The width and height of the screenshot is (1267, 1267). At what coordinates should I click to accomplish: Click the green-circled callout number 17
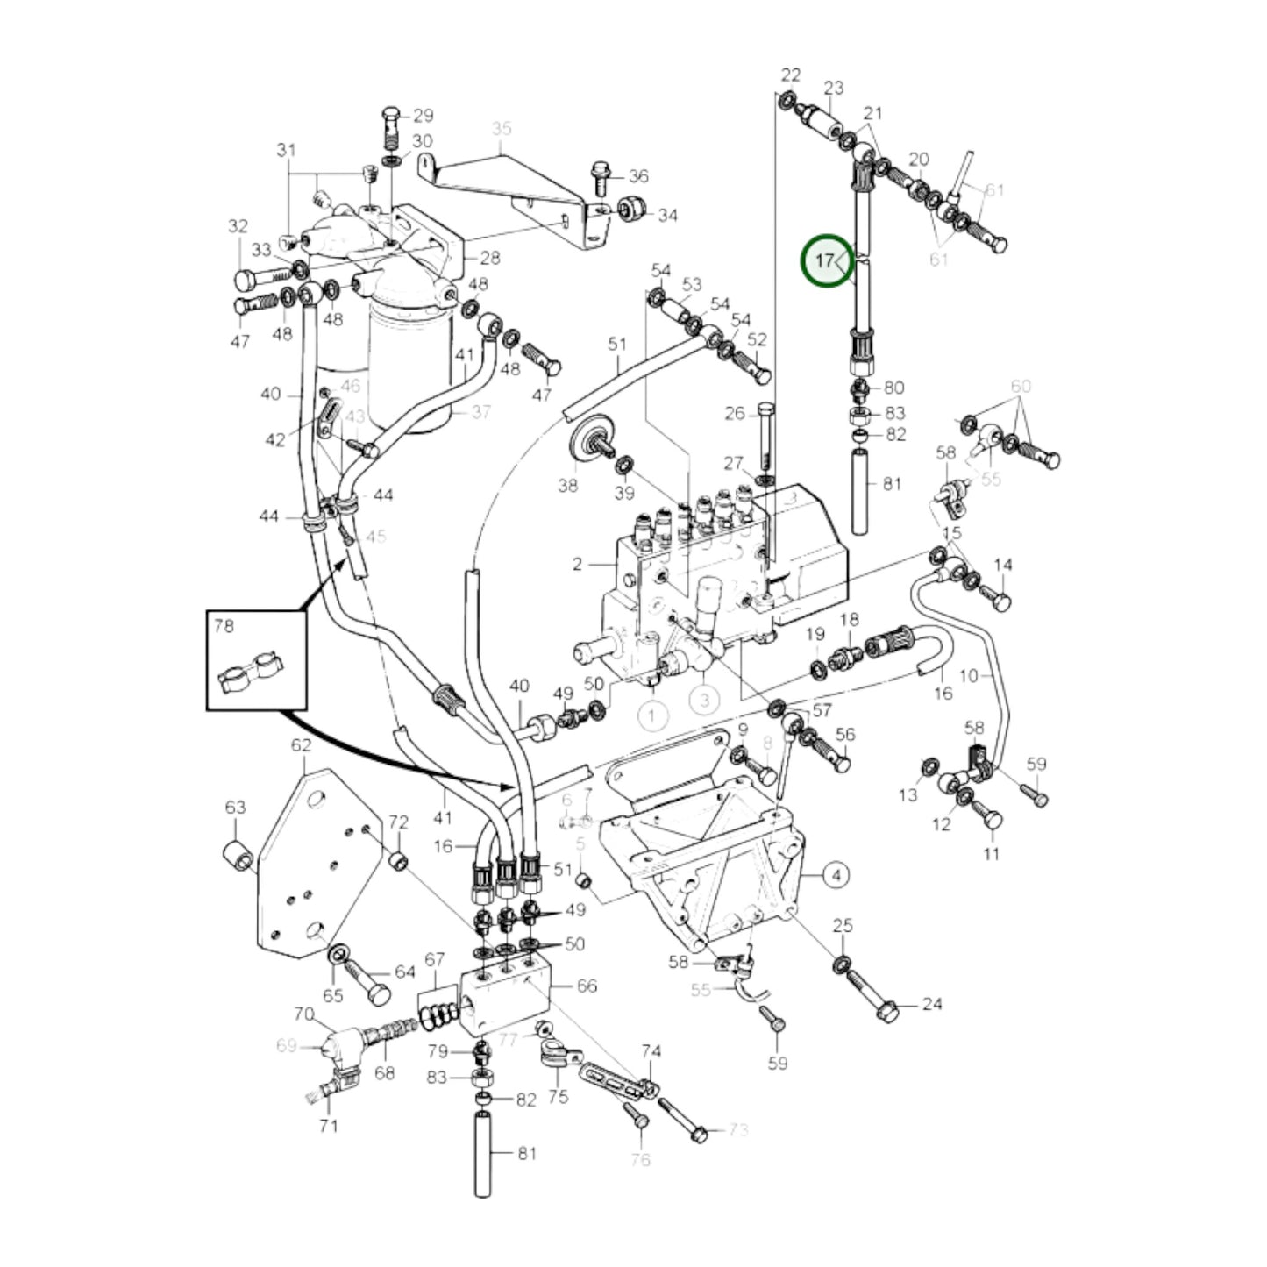(x=826, y=260)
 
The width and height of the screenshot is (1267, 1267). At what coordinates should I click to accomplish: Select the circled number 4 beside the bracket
(x=836, y=874)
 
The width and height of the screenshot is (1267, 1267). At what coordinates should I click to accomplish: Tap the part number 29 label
(x=424, y=116)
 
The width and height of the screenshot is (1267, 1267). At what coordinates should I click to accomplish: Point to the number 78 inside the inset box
(x=224, y=626)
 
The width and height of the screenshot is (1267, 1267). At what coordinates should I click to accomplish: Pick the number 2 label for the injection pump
(x=577, y=564)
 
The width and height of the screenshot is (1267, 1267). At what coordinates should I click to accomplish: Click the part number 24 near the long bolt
(x=931, y=1003)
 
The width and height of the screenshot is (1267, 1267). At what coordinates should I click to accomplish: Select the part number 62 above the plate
(x=301, y=745)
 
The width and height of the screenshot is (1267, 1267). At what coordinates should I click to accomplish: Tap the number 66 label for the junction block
(x=587, y=986)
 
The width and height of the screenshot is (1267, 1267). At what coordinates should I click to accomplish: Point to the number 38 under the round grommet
(x=568, y=485)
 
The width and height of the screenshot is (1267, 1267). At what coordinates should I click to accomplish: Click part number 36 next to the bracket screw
(x=638, y=176)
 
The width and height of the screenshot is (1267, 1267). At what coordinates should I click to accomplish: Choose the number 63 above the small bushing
(x=236, y=808)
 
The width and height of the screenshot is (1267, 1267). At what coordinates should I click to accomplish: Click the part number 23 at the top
(x=833, y=88)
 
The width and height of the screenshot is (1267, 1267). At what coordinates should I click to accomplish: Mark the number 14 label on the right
(x=1002, y=566)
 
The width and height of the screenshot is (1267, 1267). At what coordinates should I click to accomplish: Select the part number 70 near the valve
(x=303, y=1014)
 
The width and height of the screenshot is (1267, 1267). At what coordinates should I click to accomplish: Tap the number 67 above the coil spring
(x=435, y=960)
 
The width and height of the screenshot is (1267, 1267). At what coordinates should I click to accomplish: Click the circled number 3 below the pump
(x=703, y=700)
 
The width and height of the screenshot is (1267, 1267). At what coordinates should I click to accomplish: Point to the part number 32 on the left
(x=238, y=226)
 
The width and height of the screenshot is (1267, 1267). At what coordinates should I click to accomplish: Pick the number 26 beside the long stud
(x=734, y=413)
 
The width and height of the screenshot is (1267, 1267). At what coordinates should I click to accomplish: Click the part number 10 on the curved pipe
(x=969, y=676)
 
